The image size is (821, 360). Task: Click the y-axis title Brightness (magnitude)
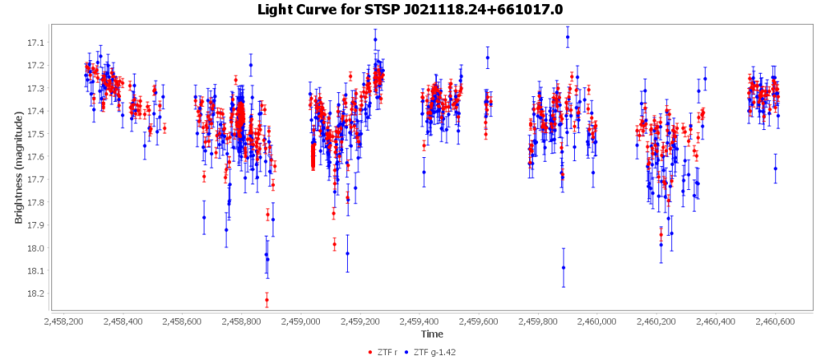coord(18,167)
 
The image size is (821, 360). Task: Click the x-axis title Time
coord(432,334)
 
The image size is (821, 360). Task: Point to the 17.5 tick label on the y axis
coord(36,134)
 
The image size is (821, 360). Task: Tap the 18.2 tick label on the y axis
coord(36,293)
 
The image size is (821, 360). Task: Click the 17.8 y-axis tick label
coord(36,202)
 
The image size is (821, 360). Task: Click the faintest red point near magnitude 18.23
coord(267,300)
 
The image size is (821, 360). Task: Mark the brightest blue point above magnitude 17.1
coord(568,37)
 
